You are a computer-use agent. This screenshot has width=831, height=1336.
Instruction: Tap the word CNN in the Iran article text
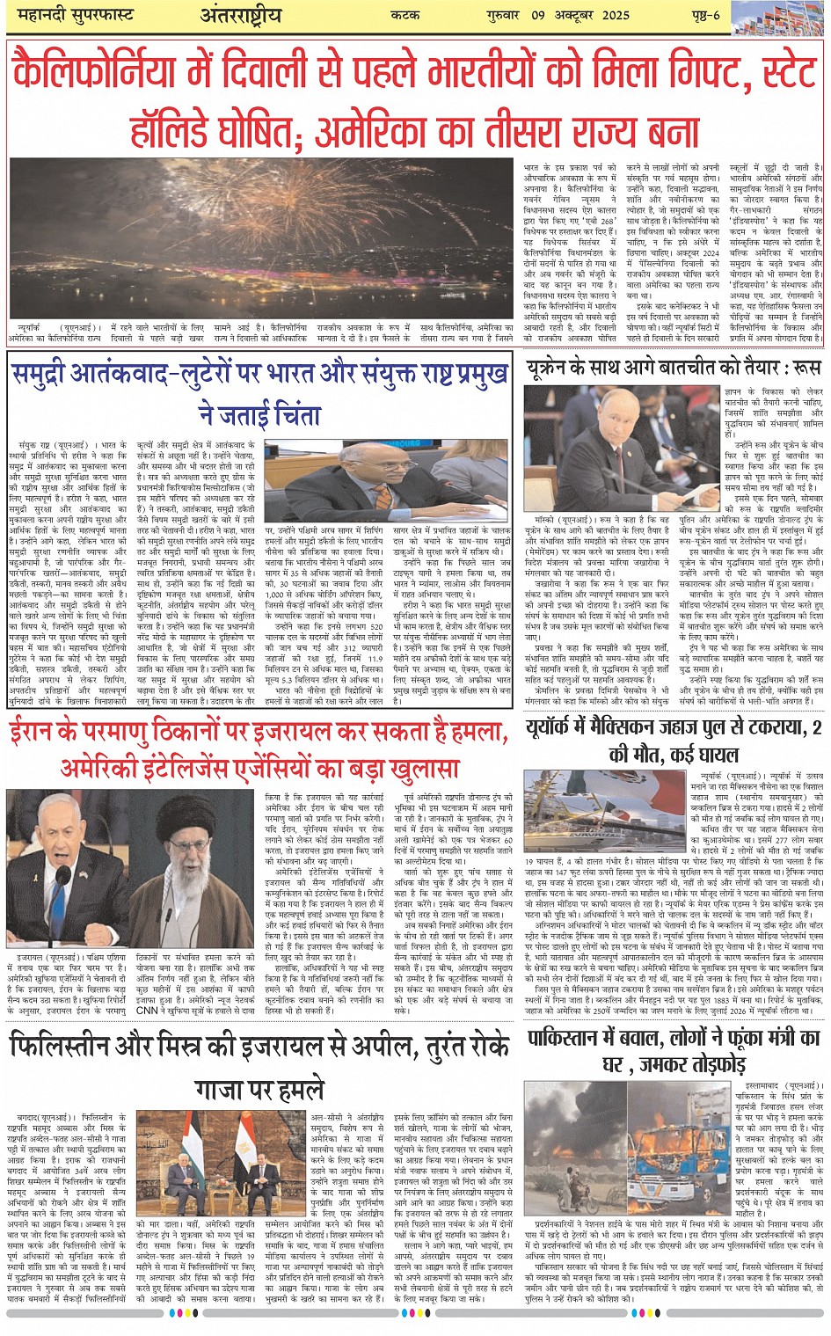point(149,1011)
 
